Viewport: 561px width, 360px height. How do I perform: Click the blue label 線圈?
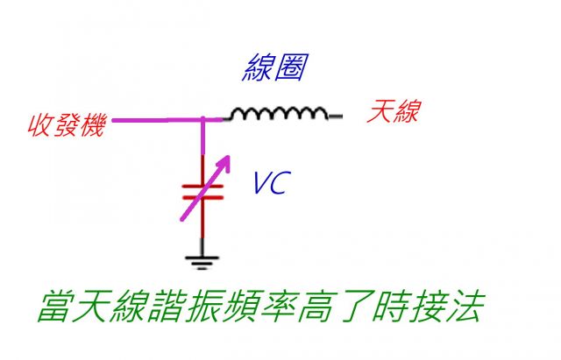click(274, 67)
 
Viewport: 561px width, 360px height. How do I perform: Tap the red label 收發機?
click(67, 125)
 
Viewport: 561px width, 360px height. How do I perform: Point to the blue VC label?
click(272, 183)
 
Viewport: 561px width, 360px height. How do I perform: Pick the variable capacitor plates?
click(202, 192)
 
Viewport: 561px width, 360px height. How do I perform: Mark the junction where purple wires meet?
click(202, 120)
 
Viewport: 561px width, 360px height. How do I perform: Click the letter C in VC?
click(280, 183)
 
